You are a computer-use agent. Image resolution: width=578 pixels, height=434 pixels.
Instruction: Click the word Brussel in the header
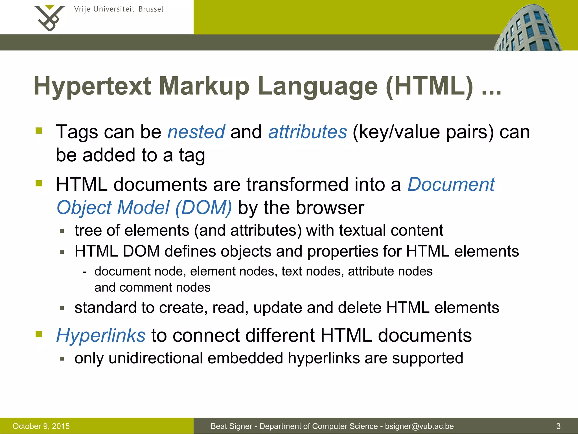point(151,9)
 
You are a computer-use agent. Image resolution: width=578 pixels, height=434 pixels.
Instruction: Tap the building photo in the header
point(528,28)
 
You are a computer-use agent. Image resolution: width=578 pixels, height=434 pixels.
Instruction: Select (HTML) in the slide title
point(429,86)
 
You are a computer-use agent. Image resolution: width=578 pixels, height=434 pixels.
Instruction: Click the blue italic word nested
point(196,132)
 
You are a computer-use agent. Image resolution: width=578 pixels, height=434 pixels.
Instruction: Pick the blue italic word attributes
point(307,132)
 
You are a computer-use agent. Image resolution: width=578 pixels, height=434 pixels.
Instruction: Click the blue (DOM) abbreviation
point(203,208)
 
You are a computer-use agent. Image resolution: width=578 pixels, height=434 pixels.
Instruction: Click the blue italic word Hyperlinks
point(101,336)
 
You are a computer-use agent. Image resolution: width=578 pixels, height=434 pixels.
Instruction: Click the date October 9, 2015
point(41,426)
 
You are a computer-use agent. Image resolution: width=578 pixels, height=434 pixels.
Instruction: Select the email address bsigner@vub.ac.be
point(419,426)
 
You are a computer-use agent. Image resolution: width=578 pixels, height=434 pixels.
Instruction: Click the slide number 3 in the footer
point(558,426)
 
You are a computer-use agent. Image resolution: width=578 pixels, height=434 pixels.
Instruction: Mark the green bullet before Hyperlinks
point(39,334)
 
